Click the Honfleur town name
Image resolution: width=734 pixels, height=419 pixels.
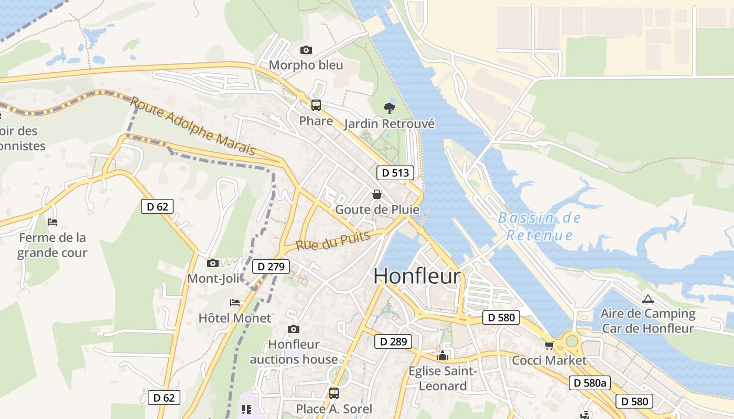[417, 277]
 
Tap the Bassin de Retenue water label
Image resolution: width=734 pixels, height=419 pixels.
[539, 226]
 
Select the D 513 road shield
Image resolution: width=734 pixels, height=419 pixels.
[395, 173]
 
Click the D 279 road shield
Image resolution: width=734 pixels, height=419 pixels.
[271, 267]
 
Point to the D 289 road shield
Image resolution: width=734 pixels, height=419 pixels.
[393, 341]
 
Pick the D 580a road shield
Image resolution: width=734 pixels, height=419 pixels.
[590, 383]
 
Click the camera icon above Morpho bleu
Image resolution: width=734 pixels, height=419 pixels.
[306, 50]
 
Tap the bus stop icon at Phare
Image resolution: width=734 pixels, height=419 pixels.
[316, 105]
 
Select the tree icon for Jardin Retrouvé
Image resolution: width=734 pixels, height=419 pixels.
[389, 108]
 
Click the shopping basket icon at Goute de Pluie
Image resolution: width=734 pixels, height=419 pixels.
[376, 194]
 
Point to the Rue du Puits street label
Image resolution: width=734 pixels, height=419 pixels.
[332, 241]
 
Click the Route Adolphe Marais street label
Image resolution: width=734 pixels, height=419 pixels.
[193, 126]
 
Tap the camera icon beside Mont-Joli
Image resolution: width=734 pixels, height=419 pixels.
[212, 263]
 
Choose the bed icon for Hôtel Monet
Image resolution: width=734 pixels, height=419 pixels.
[235, 303]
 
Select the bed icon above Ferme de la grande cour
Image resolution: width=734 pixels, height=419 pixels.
[52, 222]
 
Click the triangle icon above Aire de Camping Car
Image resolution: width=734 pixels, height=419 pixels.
[648, 299]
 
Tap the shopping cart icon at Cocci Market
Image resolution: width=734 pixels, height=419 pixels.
[549, 345]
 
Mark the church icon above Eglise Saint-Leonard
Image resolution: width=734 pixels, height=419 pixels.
[443, 356]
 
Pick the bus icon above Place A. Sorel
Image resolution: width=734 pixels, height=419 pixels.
[333, 393]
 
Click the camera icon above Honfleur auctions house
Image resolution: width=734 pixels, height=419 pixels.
[294, 329]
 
